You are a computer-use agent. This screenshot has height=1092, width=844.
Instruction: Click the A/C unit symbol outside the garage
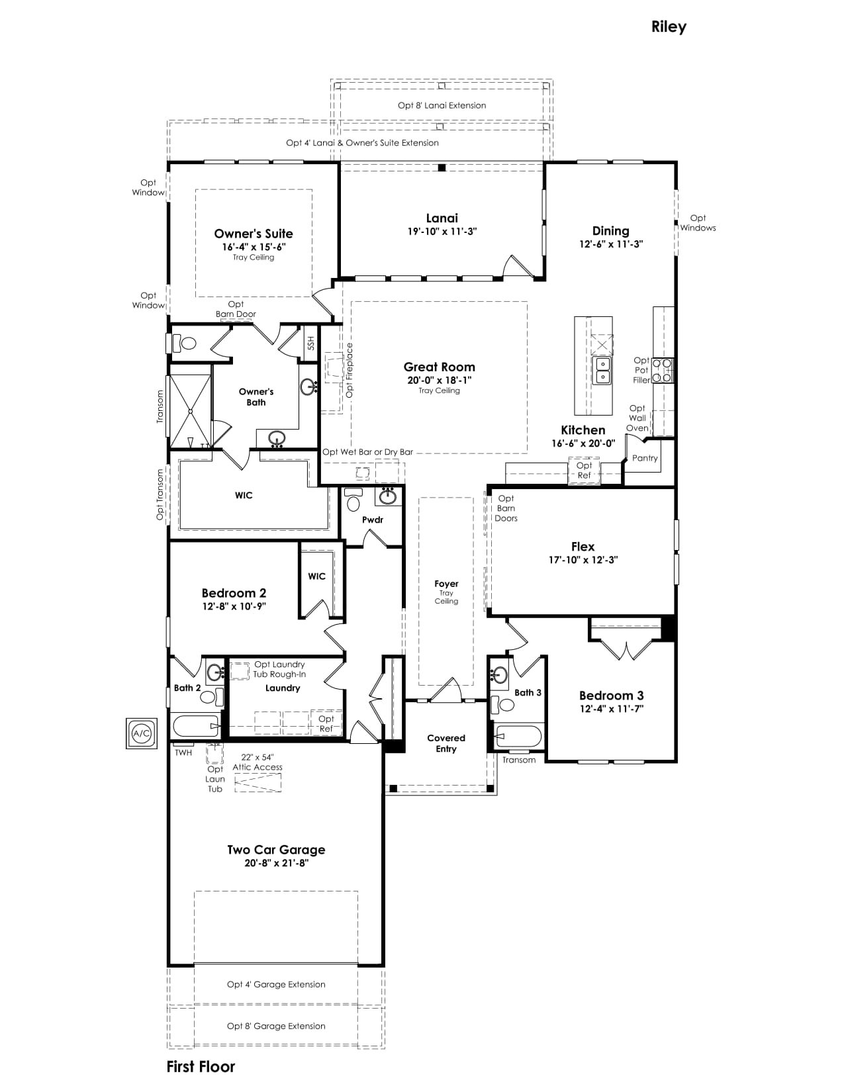[141, 733]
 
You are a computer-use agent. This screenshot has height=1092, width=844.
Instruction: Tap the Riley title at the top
[669, 27]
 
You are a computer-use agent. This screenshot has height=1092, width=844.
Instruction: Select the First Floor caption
[201, 1067]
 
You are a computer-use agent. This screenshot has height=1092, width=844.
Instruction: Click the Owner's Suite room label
[254, 234]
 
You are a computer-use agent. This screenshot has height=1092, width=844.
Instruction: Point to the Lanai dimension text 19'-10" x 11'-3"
[442, 232]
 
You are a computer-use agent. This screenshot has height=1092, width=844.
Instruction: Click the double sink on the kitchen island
[601, 371]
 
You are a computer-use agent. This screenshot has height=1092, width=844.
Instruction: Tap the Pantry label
[645, 458]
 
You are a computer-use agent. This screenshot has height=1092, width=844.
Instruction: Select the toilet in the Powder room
[354, 499]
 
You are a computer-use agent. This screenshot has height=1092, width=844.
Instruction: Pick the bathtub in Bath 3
[519, 737]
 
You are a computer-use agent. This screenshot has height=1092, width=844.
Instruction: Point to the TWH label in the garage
[183, 752]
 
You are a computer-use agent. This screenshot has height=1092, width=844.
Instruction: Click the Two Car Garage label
[276, 849]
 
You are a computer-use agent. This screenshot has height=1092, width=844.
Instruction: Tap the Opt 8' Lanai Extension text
[442, 105]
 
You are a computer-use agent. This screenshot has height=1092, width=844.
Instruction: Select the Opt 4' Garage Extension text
[276, 985]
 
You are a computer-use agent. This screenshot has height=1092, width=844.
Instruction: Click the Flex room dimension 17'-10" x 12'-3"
[583, 560]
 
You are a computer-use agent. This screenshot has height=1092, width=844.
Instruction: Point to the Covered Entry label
[446, 743]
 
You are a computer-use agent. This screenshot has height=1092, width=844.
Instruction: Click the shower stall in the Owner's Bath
[191, 406]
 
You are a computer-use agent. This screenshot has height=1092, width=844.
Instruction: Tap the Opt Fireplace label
[350, 371]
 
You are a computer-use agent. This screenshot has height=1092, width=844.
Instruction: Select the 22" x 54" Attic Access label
[258, 762]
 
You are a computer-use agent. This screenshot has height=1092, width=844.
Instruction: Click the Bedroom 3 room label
[611, 696]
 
